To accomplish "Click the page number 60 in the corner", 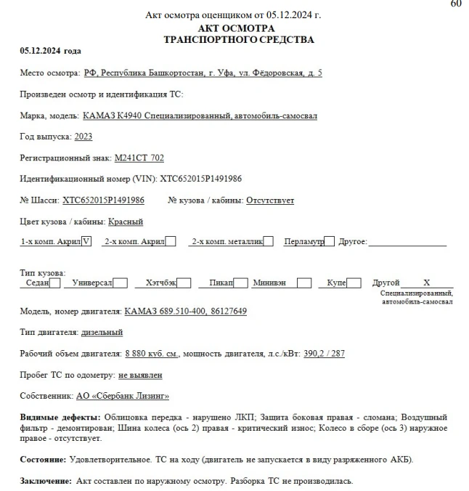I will pos(456,4).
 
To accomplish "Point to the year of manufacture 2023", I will pos(83,137).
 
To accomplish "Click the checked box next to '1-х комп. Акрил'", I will pos(87,242).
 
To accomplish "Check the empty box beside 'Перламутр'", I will pos(329,242).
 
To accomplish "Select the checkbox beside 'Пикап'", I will pos(241,283).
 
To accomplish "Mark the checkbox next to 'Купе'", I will pos(354,283).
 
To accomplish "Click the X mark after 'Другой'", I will pos(427,283).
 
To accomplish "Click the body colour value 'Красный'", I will pos(126,221).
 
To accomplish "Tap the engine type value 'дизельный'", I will pos(102,332).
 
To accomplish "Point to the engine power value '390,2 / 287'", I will pos(324,353).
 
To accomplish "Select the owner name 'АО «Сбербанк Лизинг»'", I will pos(123,396).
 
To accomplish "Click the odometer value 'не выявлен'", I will pos(140,375).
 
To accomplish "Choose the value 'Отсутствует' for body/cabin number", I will pos(270,200).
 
